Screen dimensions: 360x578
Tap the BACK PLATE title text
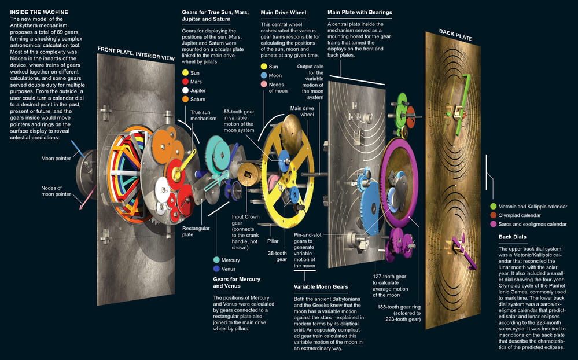(x=455, y=34)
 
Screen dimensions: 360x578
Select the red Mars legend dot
(x=185, y=82)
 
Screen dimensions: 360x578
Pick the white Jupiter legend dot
(x=185, y=90)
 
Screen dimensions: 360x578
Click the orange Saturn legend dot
(x=185, y=99)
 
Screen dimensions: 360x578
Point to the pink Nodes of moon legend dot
(x=263, y=85)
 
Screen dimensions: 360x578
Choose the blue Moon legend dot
(x=263, y=76)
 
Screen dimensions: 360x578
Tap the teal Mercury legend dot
(x=216, y=260)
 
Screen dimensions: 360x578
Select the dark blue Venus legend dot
(x=216, y=269)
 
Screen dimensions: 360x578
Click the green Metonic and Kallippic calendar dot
(x=493, y=206)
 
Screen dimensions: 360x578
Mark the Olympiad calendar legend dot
(x=493, y=215)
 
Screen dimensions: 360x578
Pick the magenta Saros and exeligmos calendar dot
(x=493, y=223)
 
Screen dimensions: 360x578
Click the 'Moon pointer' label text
(x=57, y=158)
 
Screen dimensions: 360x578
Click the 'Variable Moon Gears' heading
(x=321, y=286)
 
